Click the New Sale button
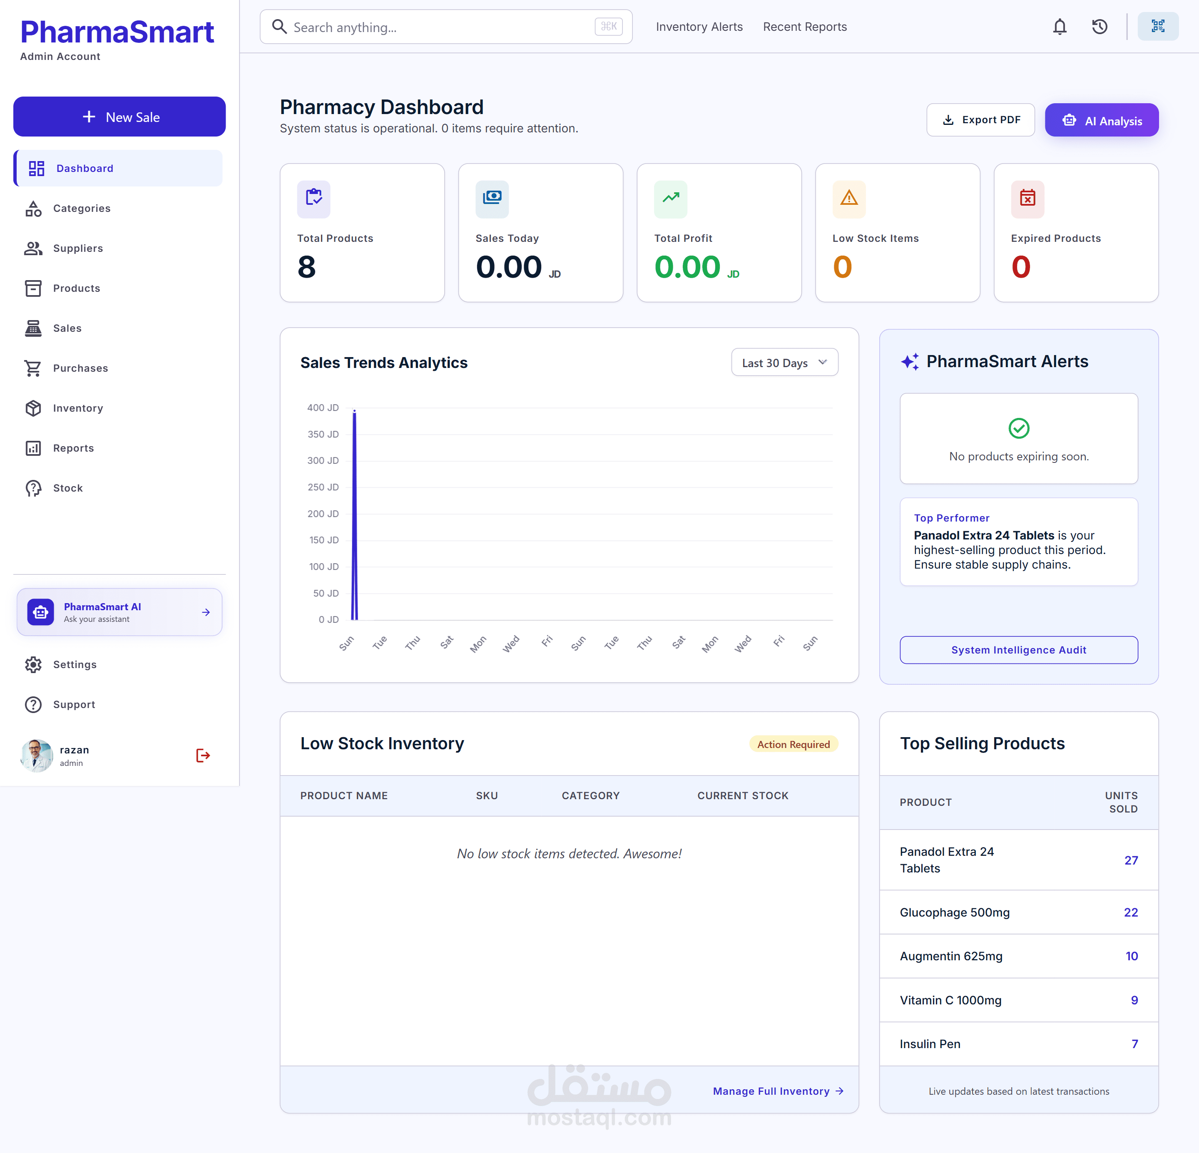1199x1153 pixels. [119, 117]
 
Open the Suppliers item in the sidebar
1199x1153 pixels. [78, 248]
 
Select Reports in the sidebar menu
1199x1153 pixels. [73, 448]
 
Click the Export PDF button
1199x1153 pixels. [980, 120]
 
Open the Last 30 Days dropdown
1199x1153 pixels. [784, 363]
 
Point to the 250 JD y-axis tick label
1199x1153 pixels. [323, 487]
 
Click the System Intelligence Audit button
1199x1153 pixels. [1019, 650]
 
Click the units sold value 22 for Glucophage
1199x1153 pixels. [1130, 912]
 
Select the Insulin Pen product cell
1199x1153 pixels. [930, 1044]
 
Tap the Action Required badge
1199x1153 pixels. [794, 744]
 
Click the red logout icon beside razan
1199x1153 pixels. [203, 755]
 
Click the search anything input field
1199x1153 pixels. [446, 27]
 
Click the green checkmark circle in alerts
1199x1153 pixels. [1019, 428]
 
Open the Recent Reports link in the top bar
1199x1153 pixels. [804, 27]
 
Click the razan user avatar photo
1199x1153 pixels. [37, 755]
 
